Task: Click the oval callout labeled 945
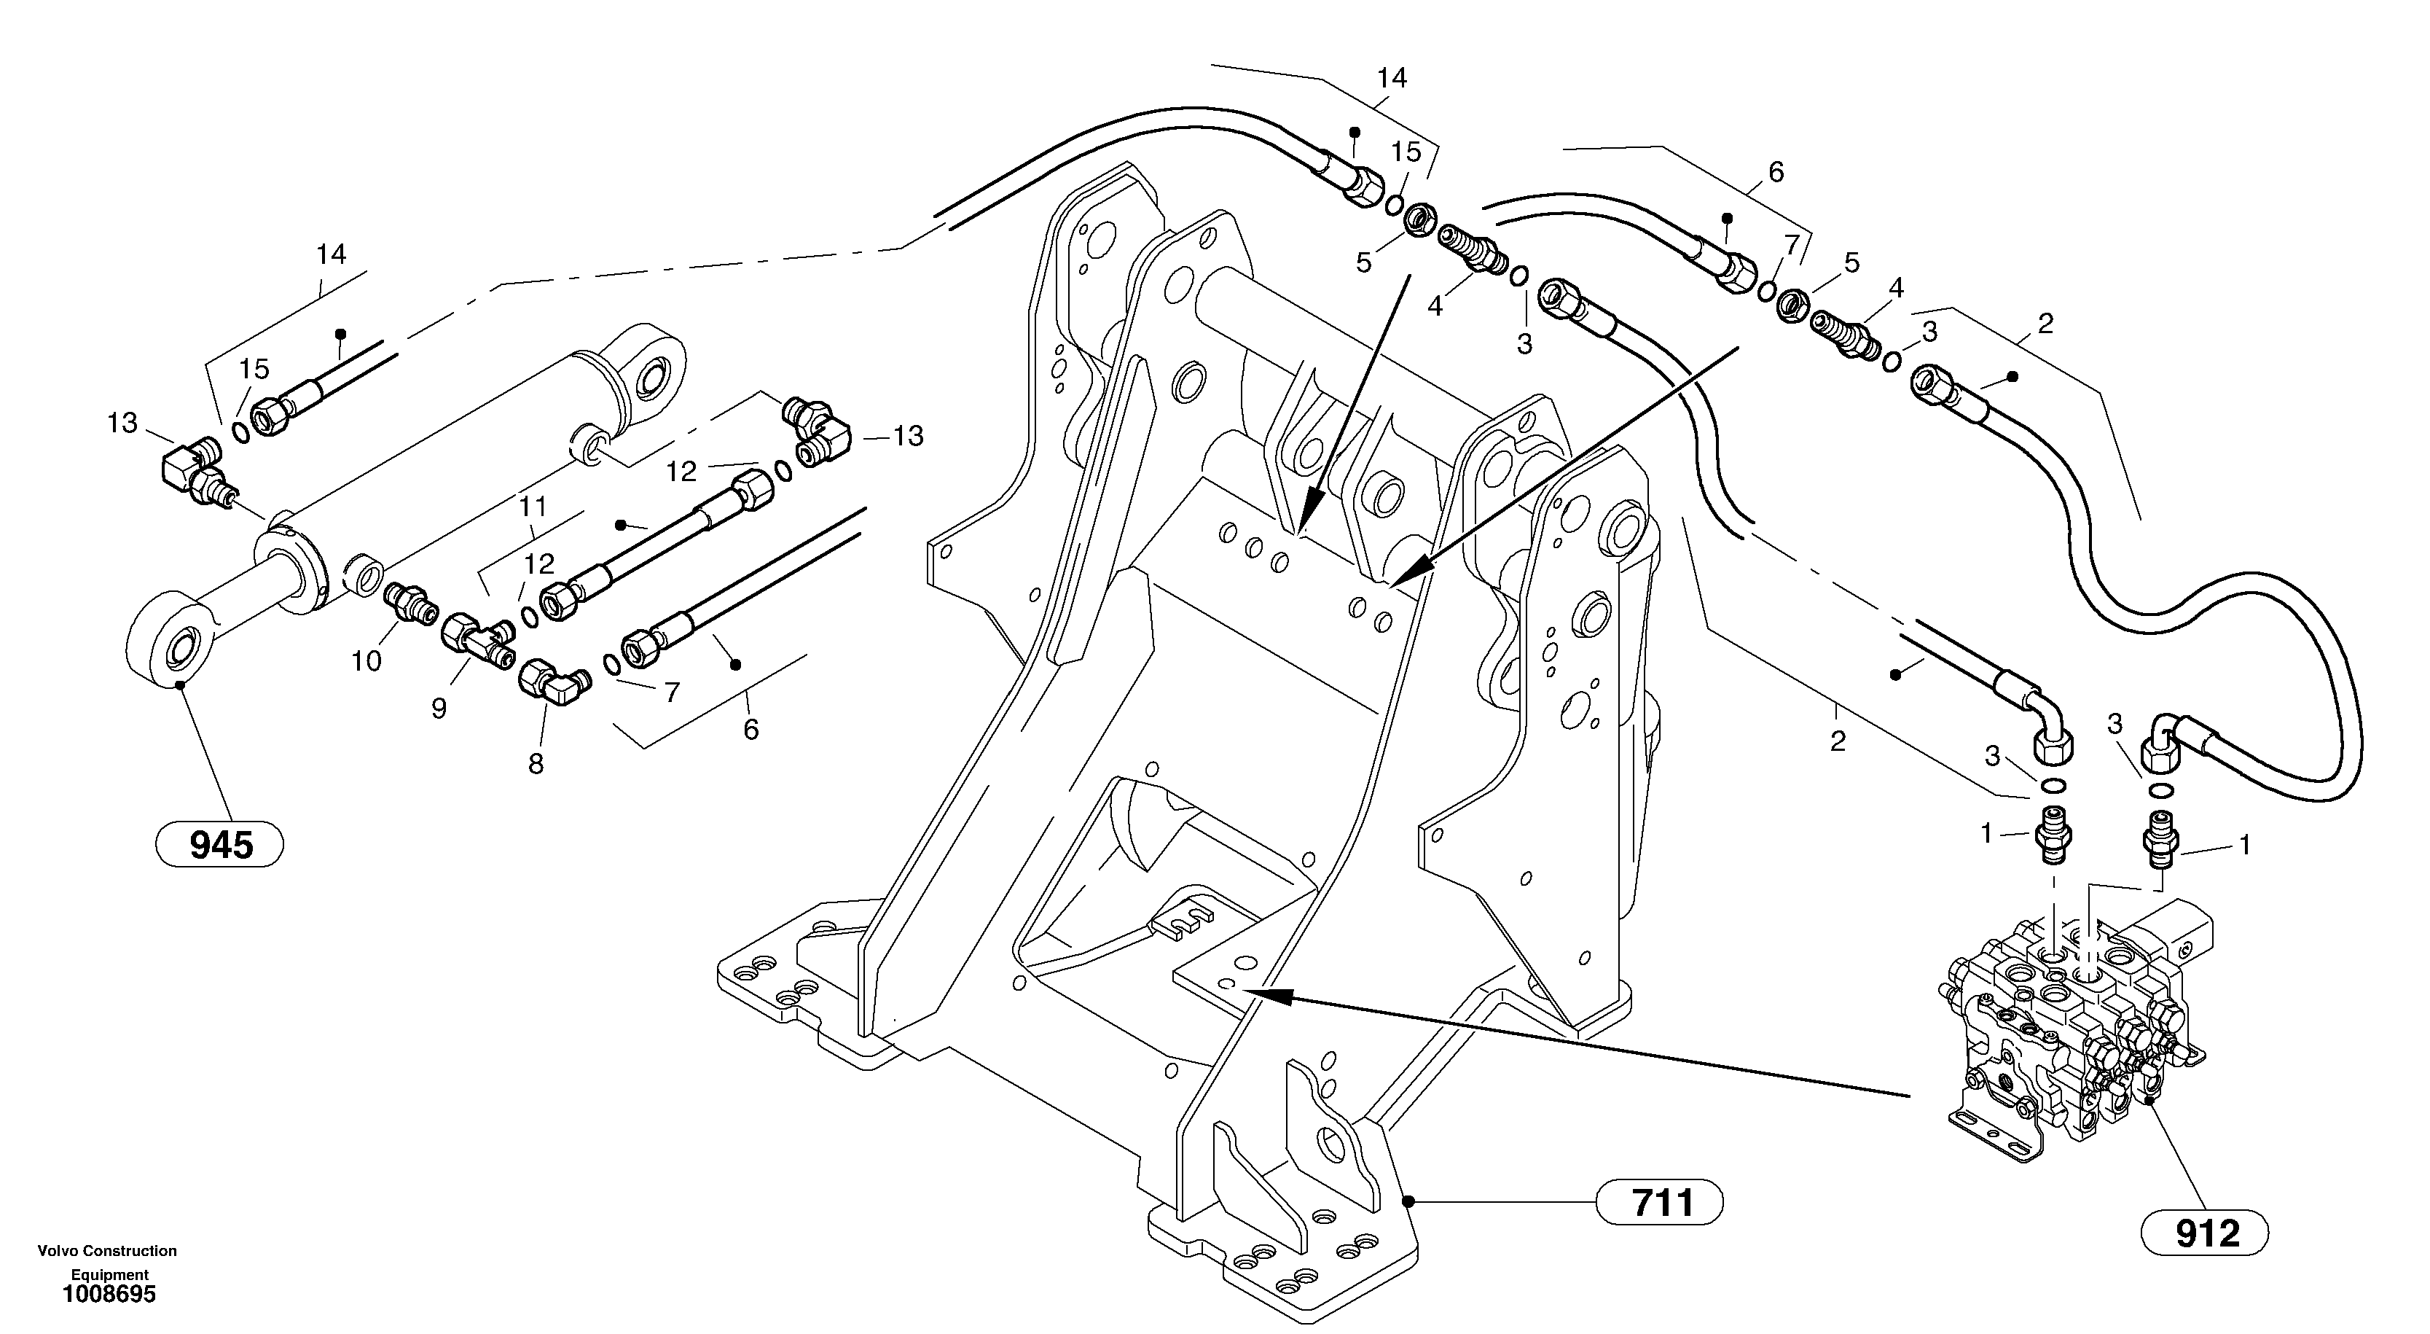click(x=219, y=844)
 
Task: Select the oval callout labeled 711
click(x=1661, y=1203)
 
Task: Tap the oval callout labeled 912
click(x=2205, y=1233)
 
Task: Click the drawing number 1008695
click(x=109, y=1295)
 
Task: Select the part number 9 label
click(x=439, y=709)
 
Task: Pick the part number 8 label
click(x=536, y=763)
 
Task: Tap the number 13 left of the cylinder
click(x=122, y=424)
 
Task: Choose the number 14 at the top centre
click(x=1392, y=78)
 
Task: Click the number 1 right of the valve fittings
click(x=2245, y=846)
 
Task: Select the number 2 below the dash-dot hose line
click(x=1838, y=741)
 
